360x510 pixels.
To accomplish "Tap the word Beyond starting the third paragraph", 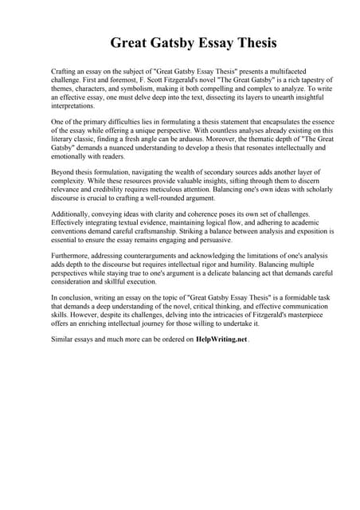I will click(64, 171).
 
